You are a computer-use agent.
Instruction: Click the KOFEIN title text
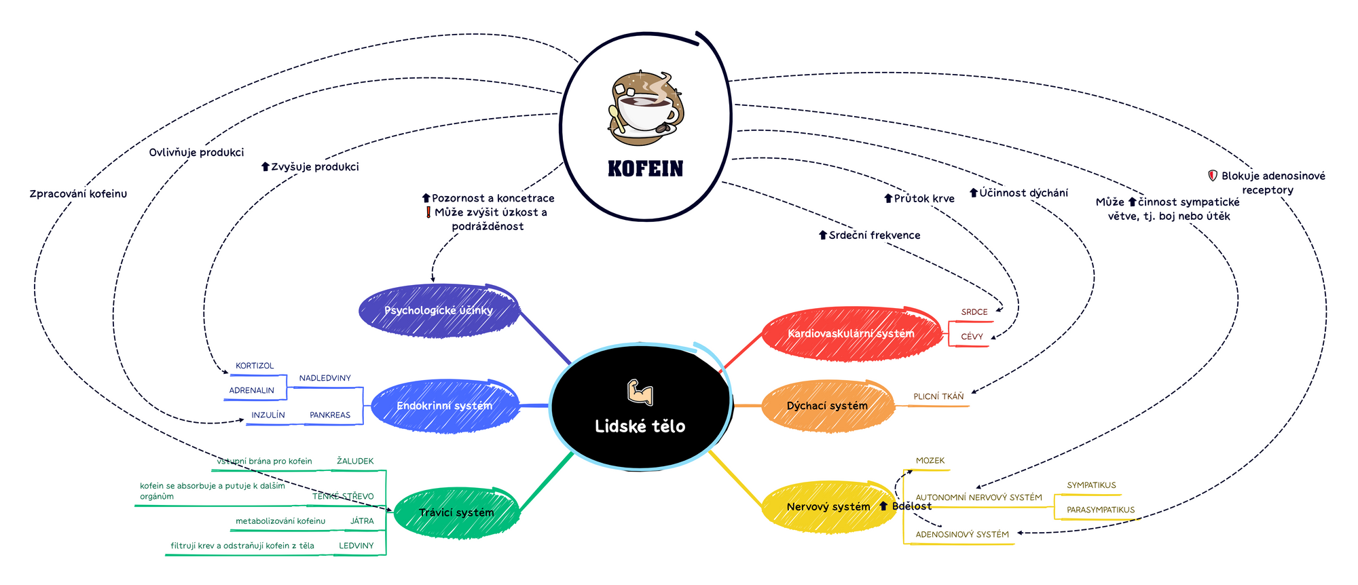tap(645, 168)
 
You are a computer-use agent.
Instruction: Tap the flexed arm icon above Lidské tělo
tap(640, 392)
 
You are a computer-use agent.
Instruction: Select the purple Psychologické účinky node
tap(438, 310)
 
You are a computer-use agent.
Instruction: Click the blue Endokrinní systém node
tap(444, 406)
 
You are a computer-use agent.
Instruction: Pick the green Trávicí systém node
tap(456, 512)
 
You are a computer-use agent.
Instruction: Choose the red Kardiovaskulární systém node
tap(850, 333)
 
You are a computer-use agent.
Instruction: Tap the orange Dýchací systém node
tap(827, 406)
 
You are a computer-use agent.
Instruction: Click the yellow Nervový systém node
tap(828, 506)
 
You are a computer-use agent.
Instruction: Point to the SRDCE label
tap(974, 312)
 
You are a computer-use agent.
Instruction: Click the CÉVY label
tap(972, 337)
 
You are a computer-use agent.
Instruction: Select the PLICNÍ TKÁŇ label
tap(938, 396)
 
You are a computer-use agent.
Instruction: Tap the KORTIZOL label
tap(255, 366)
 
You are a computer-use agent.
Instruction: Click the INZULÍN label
tap(268, 415)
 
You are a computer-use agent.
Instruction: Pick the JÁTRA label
tap(362, 521)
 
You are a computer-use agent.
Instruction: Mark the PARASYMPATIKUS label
tap(1100, 510)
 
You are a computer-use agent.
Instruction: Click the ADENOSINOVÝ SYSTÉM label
tap(962, 534)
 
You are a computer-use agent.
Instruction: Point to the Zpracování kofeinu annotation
tap(78, 194)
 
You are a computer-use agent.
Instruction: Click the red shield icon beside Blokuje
tap(1212, 175)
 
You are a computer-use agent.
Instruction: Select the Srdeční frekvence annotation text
tap(875, 235)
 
